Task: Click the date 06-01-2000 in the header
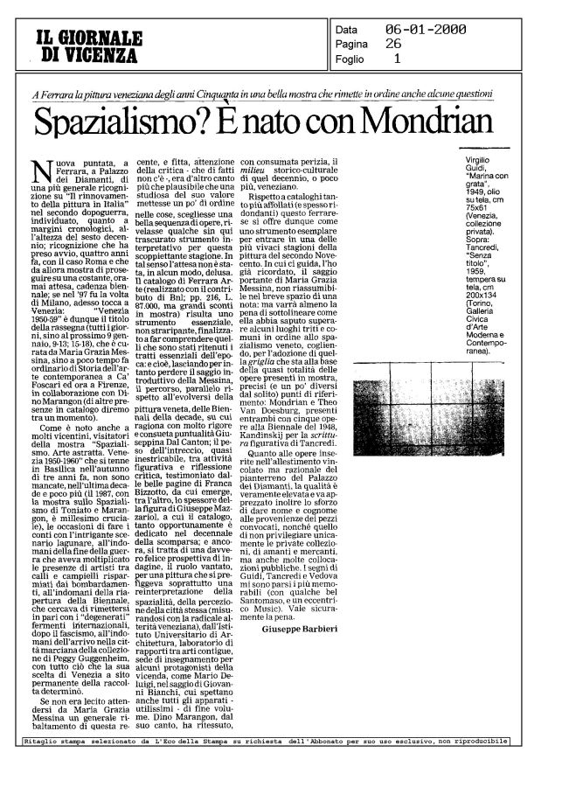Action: [426, 31]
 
